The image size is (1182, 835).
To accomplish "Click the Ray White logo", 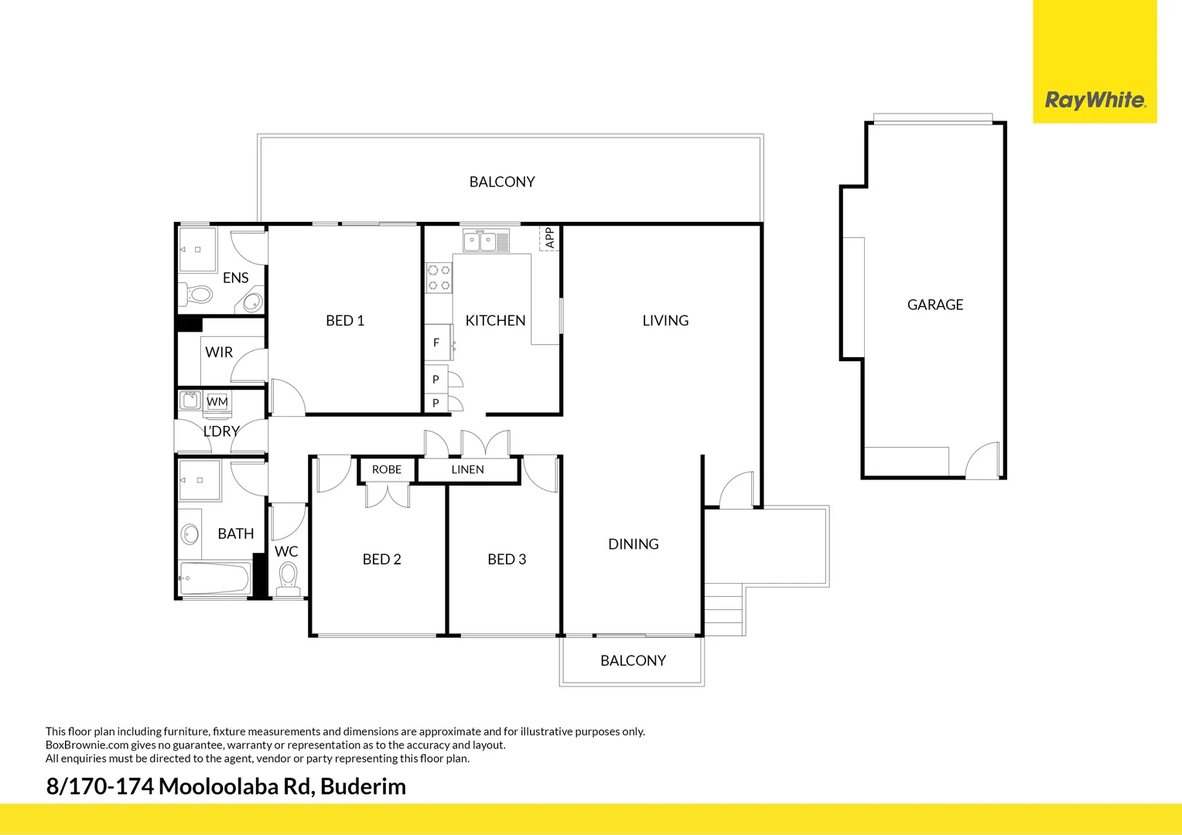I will (1095, 100).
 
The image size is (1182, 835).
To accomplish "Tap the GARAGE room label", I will (935, 305).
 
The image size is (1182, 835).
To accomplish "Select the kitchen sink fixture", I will (480, 241).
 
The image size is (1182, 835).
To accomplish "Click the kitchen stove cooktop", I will (439, 278).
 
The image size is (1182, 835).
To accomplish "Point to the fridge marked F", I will (437, 343).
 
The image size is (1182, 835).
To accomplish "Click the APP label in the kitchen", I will (550, 237).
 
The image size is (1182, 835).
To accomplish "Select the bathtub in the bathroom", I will (215, 578).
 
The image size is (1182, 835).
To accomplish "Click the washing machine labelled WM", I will (217, 402).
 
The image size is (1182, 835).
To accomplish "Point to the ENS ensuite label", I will (235, 278).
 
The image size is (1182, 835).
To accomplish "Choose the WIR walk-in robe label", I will (219, 352).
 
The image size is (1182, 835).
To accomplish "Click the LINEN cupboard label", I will (467, 469).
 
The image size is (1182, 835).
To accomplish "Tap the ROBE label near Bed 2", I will (387, 469).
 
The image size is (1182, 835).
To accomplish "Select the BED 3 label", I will (507, 559).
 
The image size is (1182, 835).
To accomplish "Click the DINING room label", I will (634, 544).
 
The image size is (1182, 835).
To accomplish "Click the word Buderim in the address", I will (363, 786).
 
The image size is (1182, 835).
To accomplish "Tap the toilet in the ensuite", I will (199, 295).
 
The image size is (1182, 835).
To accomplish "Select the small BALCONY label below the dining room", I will (633, 660).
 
